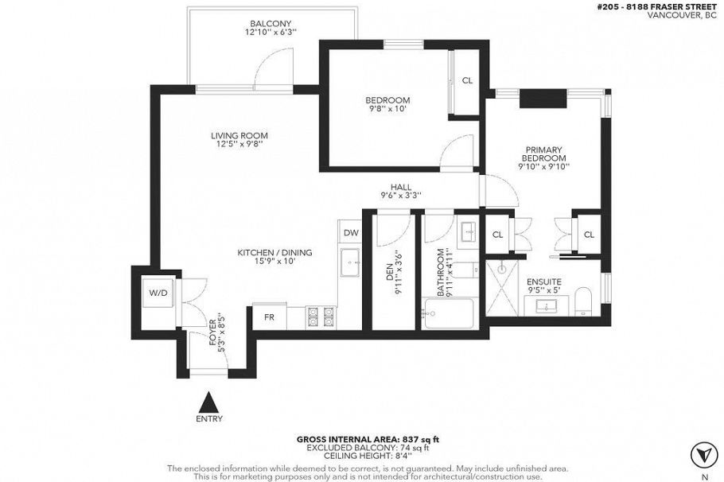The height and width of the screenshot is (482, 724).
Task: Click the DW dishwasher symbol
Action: point(351,233)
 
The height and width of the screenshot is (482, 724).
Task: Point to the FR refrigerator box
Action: point(269,317)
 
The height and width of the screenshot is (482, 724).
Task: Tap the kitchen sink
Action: point(350,262)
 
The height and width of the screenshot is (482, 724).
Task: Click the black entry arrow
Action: point(208,401)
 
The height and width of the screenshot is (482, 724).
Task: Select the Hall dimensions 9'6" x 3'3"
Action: point(400,195)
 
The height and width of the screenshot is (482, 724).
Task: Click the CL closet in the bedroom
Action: point(467,80)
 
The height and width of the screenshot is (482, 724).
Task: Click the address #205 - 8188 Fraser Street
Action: point(658,6)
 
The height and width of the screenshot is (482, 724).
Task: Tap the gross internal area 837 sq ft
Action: point(368,439)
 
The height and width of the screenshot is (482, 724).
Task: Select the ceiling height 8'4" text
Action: point(368,456)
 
